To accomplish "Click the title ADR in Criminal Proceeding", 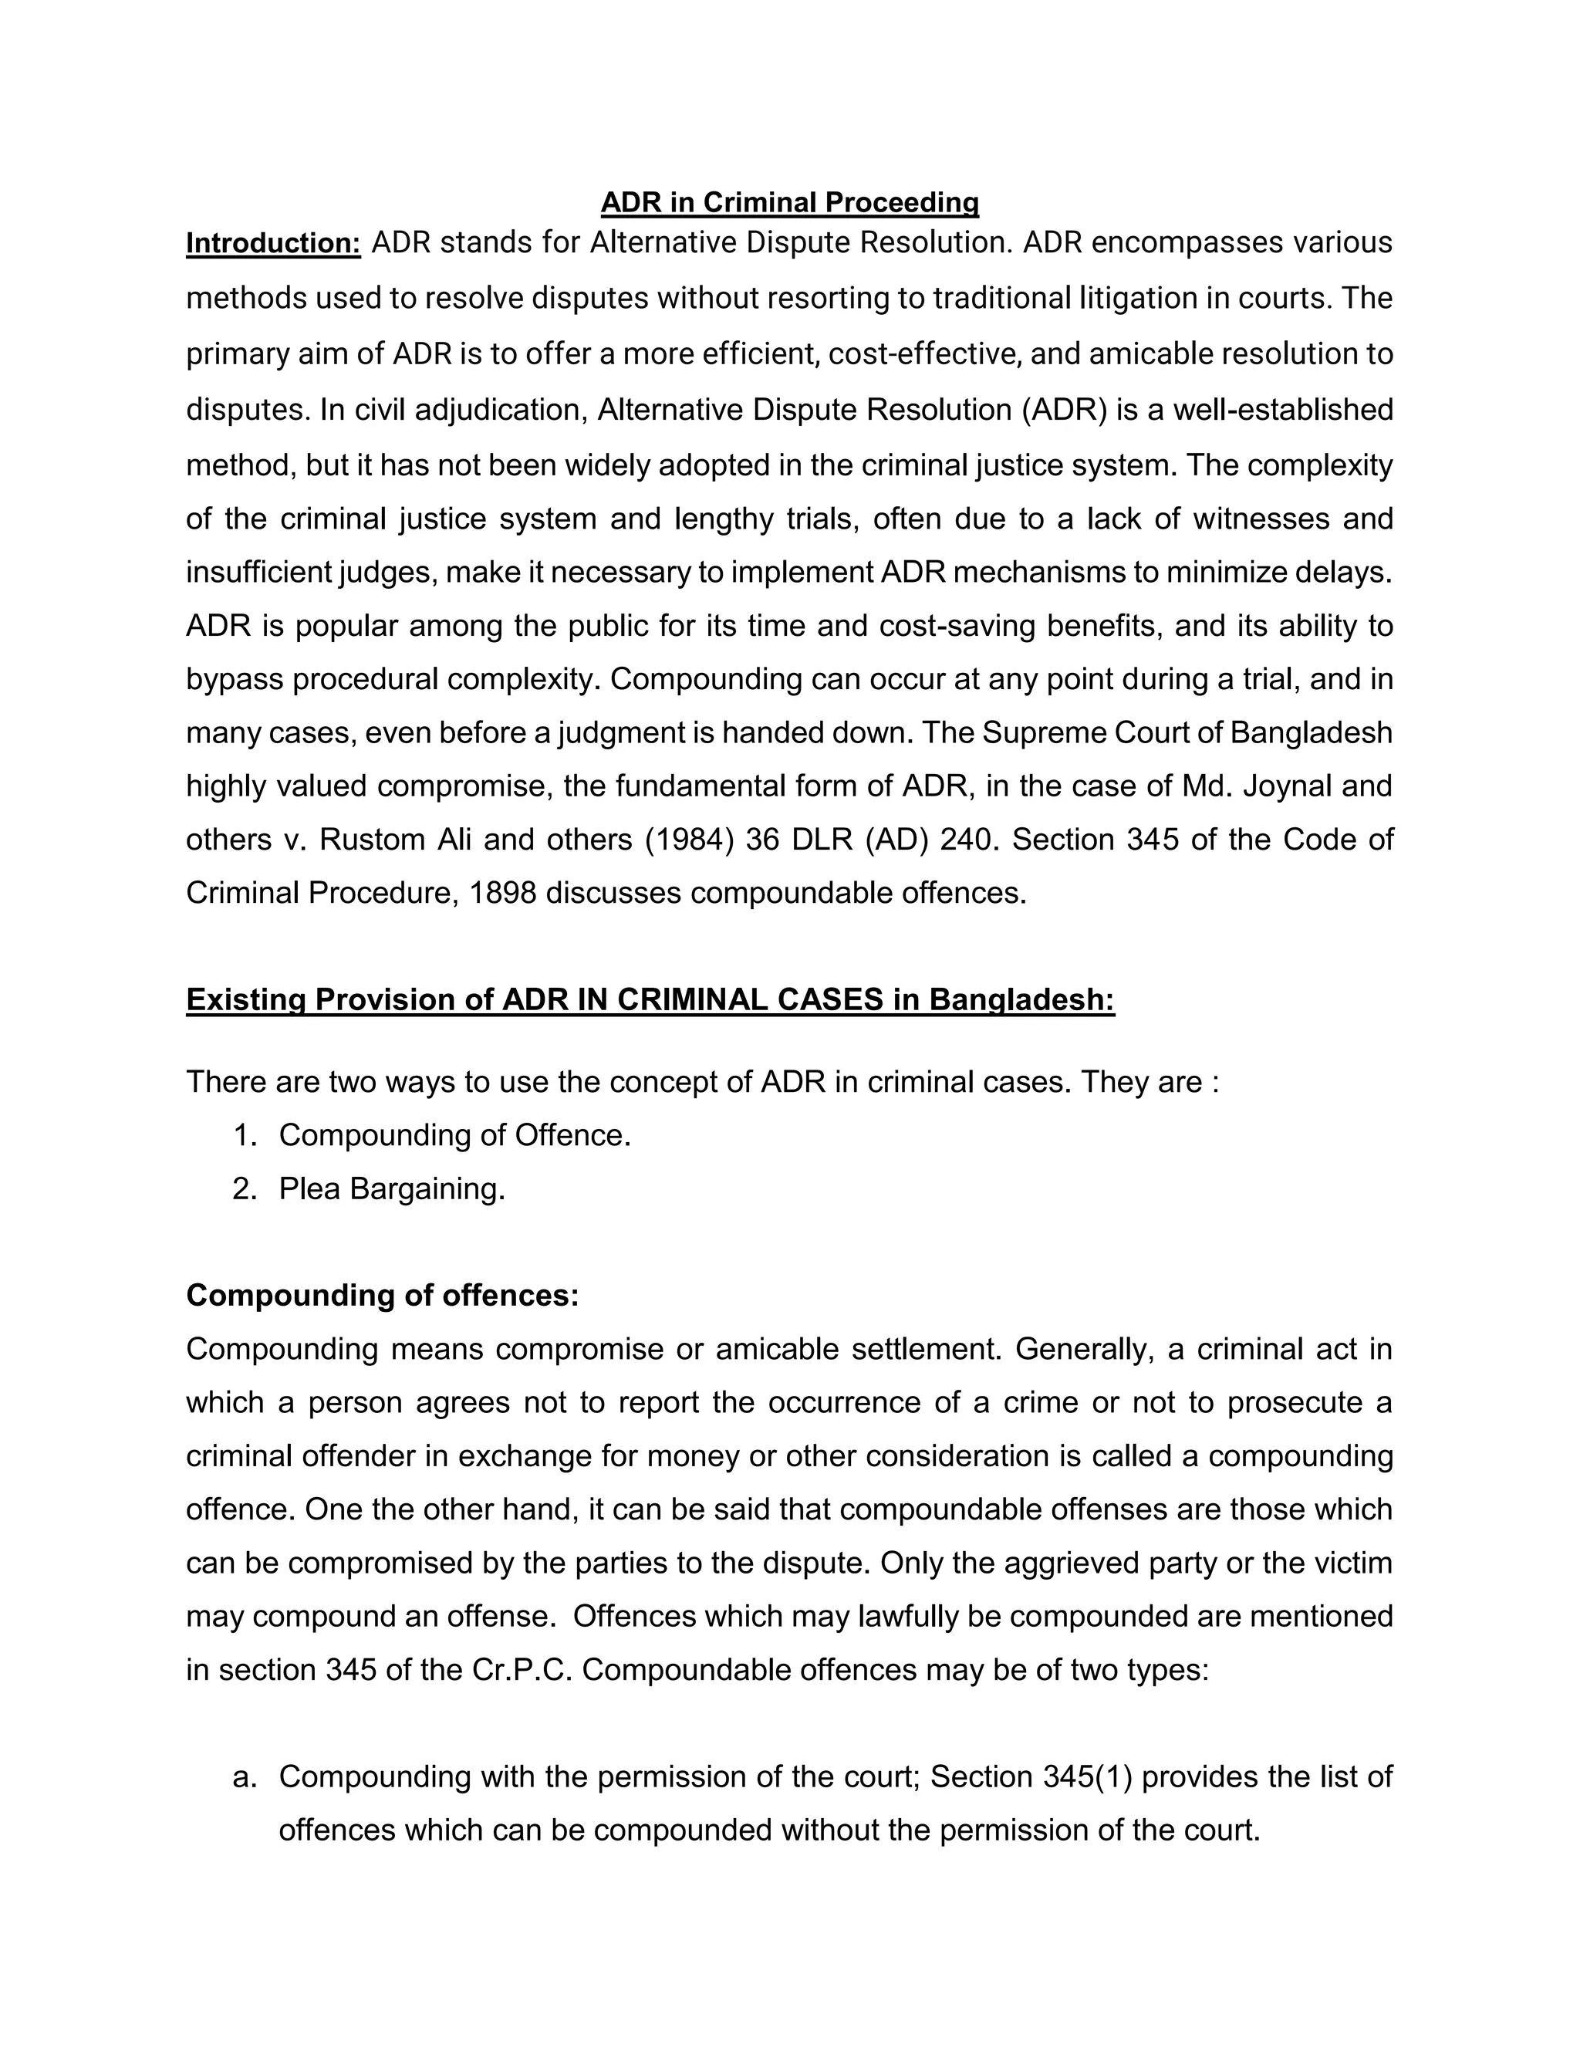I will [789, 202].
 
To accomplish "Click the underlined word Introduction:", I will [273, 243].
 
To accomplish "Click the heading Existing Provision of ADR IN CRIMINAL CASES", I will [650, 999].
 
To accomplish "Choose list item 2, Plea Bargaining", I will [391, 1188].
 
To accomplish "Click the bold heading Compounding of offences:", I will [382, 1295].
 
